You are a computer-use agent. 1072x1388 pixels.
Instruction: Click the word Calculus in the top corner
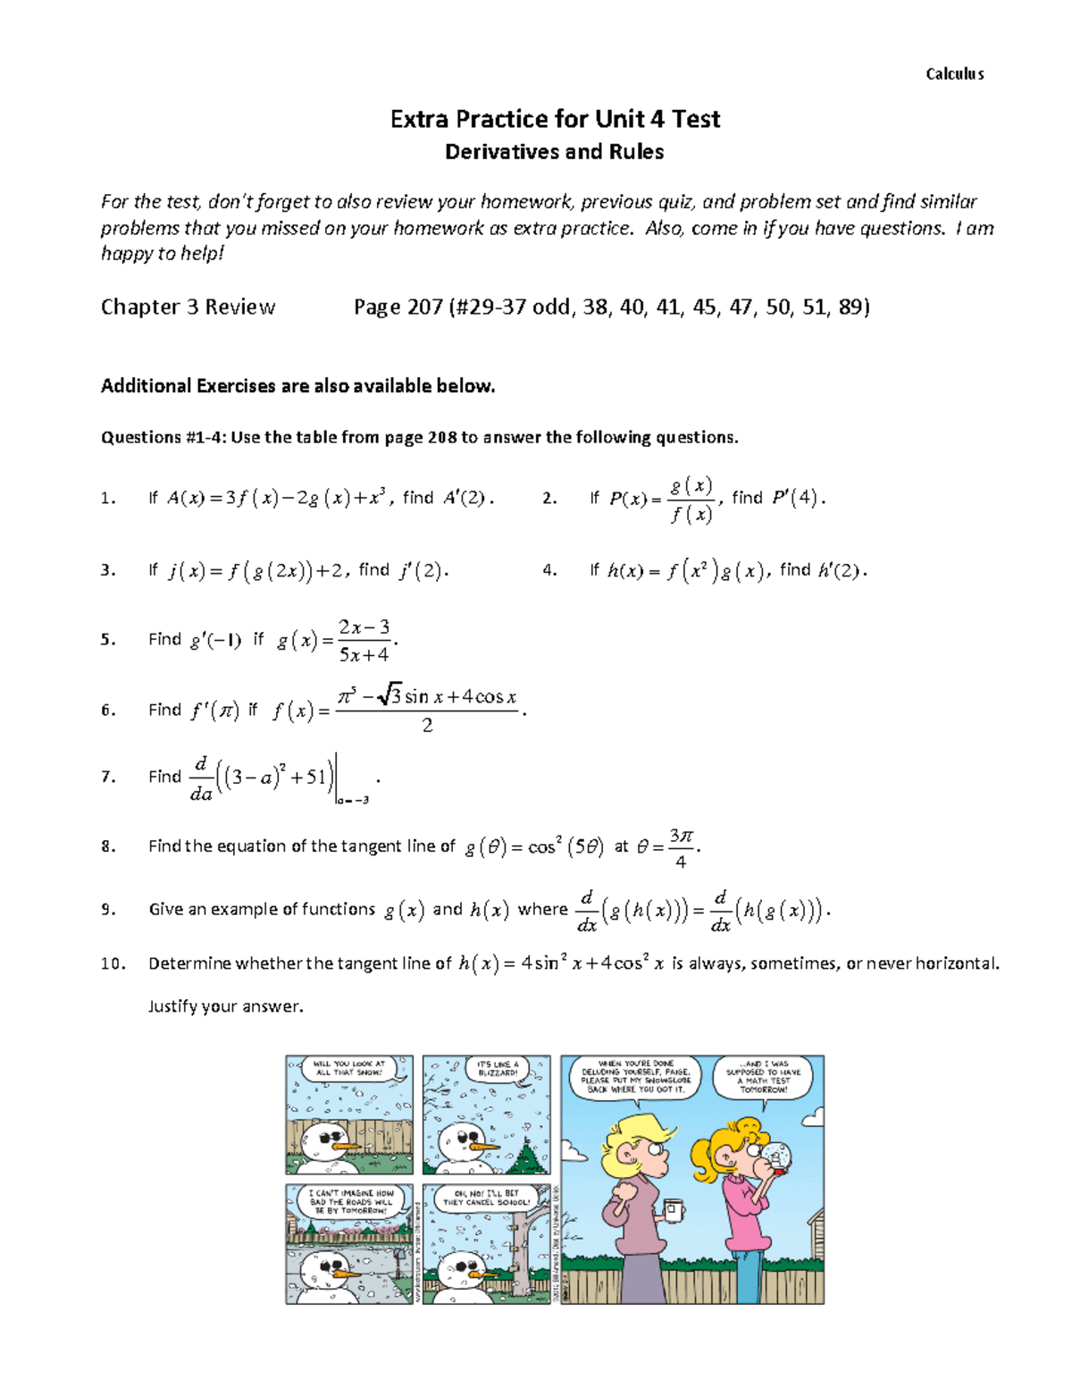(954, 74)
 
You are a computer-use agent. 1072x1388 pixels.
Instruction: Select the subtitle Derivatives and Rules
(554, 152)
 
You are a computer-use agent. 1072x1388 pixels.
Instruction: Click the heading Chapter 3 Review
(188, 307)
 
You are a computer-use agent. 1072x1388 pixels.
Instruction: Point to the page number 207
(424, 307)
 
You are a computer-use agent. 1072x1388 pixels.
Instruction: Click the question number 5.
(107, 640)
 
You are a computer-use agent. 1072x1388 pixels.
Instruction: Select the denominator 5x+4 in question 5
(364, 655)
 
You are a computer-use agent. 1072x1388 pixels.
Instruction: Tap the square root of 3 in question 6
(389, 696)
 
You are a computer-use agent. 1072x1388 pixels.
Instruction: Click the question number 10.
(113, 963)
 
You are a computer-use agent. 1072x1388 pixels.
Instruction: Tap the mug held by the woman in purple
(671, 1210)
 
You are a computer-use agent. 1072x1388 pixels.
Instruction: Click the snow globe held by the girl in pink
(781, 1156)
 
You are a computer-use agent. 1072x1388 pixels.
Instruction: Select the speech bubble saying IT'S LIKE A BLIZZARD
(497, 1068)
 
